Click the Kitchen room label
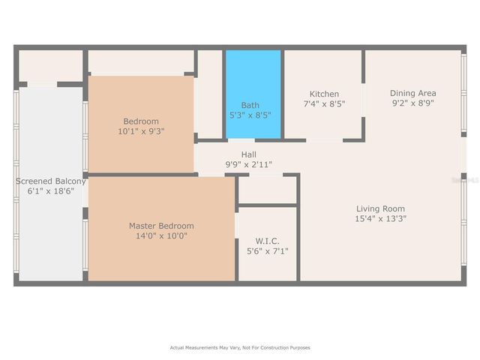click(x=324, y=94)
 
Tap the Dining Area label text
click(x=412, y=93)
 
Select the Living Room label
click(x=381, y=208)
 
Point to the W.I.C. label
click(x=268, y=241)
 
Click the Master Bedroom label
click(x=161, y=226)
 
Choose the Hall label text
click(x=249, y=154)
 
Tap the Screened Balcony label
click(x=51, y=181)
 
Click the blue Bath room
click(x=253, y=94)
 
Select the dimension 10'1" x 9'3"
click(x=141, y=130)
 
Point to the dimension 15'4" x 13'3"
click(x=381, y=218)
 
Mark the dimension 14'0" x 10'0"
click(x=161, y=235)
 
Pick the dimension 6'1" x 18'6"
click(x=51, y=191)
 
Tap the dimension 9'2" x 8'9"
click(x=412, y=103)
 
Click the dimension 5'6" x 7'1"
click(x=268, y=251)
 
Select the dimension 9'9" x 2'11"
click(x=249, y=164)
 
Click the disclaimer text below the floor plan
click(x=240, y=347)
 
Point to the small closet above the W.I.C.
click(x=267, y=190)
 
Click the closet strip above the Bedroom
click(x=141, y=62)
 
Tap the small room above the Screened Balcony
click(x=49, y=66)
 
